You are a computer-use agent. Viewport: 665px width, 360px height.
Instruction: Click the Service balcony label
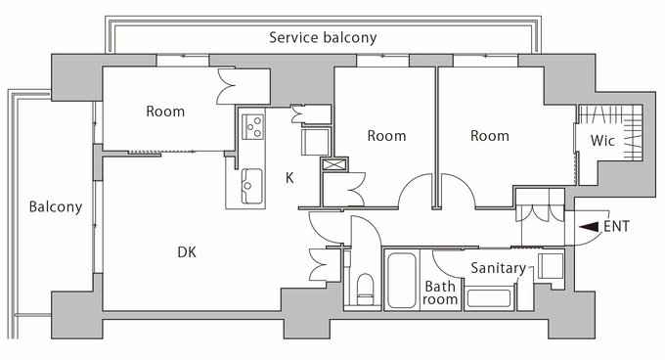tap(323, 38)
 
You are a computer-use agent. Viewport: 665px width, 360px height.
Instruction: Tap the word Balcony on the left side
tap(56, 207)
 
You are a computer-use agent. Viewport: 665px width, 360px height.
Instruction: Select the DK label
tap(187, 252)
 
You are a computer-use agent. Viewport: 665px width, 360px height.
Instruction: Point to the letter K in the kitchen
tap(289, 178)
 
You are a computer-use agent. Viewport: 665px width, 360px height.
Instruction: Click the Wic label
tap(602, 140)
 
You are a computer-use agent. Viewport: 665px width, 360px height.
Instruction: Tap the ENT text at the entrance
tap(617, 226)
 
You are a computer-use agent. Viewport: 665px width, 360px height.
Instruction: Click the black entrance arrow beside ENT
tap(589, 227)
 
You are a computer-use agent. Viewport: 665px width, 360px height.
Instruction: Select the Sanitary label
tap(499, 268)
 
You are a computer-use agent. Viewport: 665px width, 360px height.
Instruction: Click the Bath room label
tap(440, 293)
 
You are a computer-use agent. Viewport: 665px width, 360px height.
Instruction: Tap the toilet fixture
tap(365, 290)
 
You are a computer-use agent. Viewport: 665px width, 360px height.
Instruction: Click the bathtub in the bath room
tap(401, 281)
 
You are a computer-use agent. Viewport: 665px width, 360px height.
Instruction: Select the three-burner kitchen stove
tap(252, 127)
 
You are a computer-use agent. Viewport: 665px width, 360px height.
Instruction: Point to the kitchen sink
tap(251, 186)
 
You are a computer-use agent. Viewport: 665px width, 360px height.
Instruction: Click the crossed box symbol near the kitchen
tap(334, 164)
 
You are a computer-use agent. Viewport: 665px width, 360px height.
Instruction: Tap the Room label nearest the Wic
tap(490, 136)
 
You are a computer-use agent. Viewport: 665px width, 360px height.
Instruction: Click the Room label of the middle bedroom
tap(386, 136)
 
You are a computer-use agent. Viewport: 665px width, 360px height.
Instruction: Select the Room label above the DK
tap(165, 112)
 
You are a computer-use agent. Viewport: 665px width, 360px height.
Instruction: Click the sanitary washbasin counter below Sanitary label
tap(489, 298)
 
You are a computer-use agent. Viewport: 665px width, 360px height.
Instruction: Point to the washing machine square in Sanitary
tap(551, 266)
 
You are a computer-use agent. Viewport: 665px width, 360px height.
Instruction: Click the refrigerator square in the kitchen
tap(315, 142)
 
